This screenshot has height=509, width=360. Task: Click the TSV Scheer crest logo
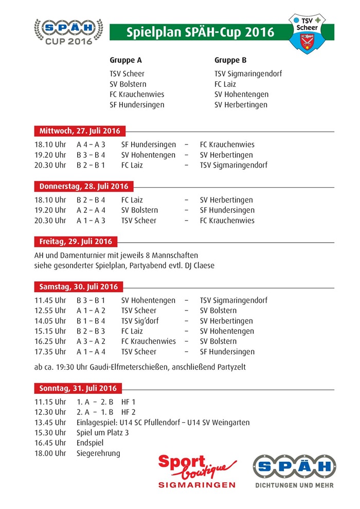pos(309,32)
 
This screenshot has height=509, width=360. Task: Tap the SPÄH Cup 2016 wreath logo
pos(68,31)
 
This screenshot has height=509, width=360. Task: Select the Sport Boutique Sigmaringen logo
pos(197,470)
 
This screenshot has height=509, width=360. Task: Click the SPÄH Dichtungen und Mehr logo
pos(294,470)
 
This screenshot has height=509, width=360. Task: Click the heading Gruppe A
pos(125,60)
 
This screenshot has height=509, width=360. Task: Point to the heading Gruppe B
pos(230,60)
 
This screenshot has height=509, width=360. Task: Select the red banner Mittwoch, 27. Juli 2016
pos(80,131)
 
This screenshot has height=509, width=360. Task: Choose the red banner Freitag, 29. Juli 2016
pos(76,242)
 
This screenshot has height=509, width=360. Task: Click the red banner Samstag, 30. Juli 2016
pos(79,286)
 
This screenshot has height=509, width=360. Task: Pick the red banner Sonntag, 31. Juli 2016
pos(78,388)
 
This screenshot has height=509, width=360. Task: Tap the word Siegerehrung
pos(98,453)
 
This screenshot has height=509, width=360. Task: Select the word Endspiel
pos(90,443)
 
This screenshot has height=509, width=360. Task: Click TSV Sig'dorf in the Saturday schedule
pos(140,321)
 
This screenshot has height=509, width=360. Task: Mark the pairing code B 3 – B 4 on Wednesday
pos(91,155)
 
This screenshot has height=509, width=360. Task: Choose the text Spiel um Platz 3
pos(103,433)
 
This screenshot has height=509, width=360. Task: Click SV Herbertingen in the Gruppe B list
pos(241,105)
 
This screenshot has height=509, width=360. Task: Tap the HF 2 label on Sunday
pos(128,412)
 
